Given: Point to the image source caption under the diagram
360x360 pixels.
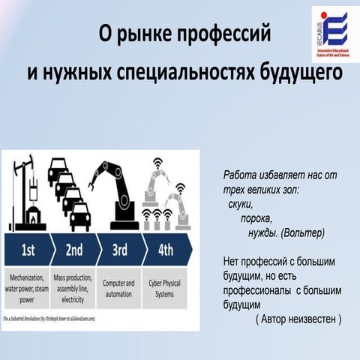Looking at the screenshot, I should click(52, 318).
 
